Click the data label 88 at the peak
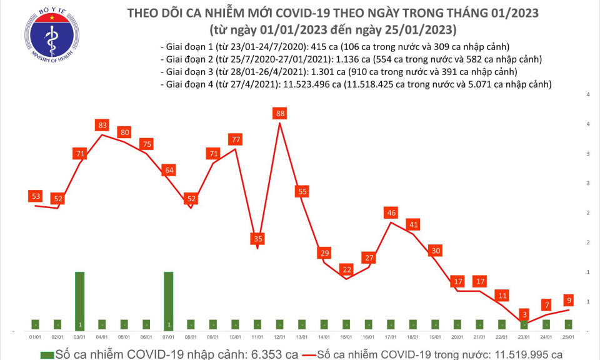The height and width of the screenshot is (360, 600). click(279, 113)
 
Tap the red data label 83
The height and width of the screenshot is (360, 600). click(103, 126)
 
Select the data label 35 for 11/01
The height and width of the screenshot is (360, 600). click(257, 238)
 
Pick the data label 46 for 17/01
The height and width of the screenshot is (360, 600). click(392, 213)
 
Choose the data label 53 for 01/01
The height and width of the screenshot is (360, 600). click(36, 197)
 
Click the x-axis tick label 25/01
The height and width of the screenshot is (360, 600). click(569, 337)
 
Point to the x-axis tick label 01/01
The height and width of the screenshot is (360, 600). click(36, 337)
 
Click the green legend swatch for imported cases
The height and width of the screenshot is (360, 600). click(47, 354)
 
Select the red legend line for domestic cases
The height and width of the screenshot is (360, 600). click(302, 354)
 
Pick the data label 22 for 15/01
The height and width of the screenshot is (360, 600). click(346, 269)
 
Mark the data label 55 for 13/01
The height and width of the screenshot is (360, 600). click(302, 192)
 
